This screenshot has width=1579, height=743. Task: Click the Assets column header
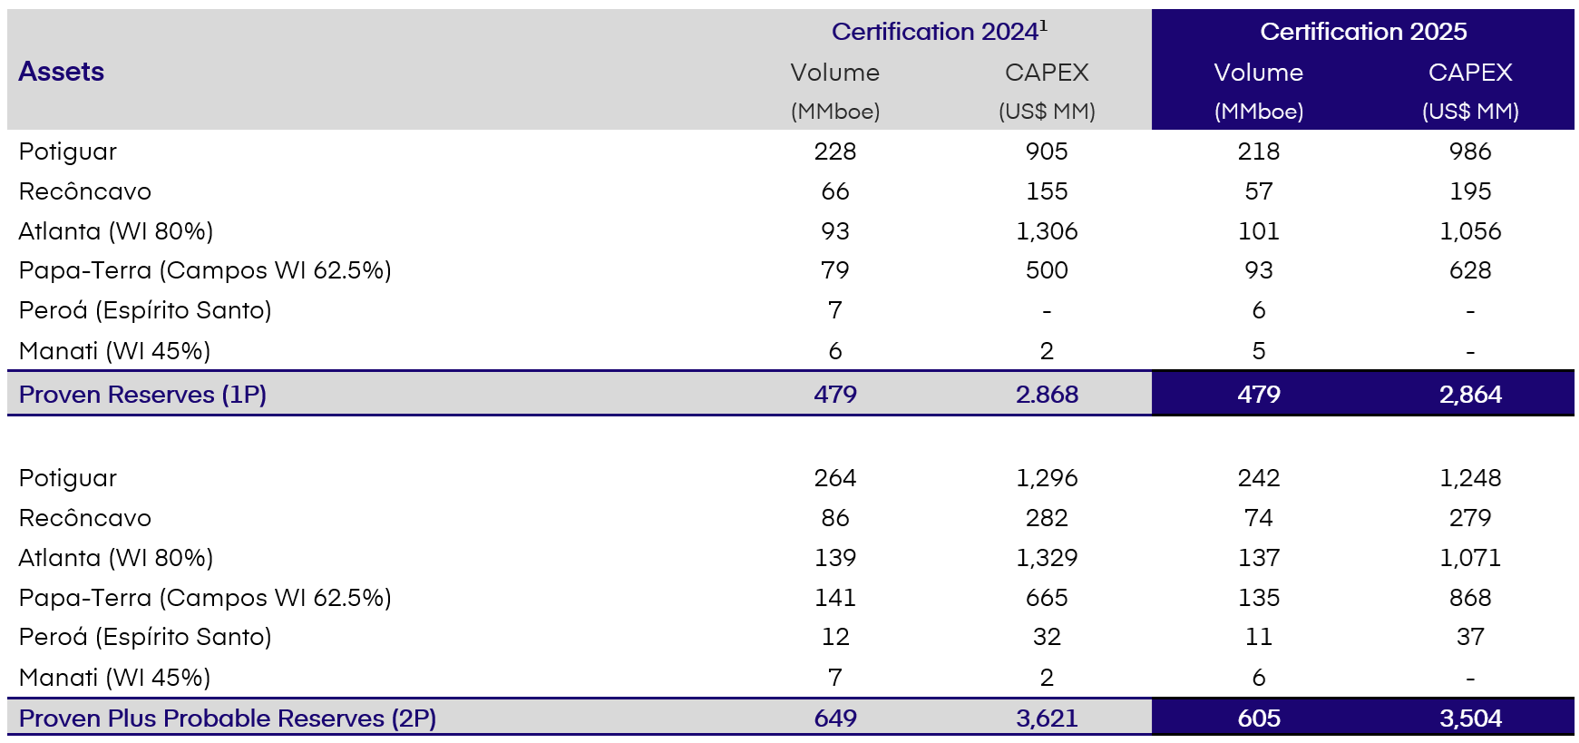coord(61,72)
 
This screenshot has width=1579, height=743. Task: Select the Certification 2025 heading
coord(1362,32)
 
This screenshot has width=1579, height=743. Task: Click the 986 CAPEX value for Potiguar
coord(1469,152)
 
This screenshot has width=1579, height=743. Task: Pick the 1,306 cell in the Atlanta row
coord(1047,231)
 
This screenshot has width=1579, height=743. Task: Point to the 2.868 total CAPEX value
coord(1047,395)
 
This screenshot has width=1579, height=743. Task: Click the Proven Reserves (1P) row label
coord(142,395)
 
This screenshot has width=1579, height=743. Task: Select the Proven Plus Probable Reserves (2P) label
coord(227,719)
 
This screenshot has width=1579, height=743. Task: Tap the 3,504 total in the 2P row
coord(1469,719)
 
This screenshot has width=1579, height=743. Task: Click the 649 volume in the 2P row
coord(834,719)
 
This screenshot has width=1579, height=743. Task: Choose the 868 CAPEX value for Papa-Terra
coord(1469,598)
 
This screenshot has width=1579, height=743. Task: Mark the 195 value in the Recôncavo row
coord(1469,191)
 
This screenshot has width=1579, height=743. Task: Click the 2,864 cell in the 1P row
coord(1469,395)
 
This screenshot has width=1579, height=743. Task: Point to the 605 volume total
coord(1258,719)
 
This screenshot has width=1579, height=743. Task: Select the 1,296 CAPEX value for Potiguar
coord(1047,478)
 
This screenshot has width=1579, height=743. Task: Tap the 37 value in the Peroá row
coord(1469,637)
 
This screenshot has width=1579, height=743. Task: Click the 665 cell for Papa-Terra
coord(1047,598)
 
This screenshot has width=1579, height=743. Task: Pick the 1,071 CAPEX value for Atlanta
coord(1469,558)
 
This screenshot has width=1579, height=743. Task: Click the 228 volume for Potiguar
coord(834,152)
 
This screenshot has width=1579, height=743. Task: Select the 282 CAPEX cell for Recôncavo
coord(1047,518)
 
